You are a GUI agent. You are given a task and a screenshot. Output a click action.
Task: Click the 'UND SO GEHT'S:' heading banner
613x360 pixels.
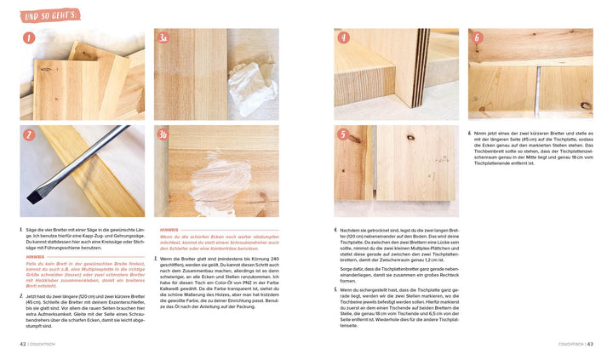tap(50, 14)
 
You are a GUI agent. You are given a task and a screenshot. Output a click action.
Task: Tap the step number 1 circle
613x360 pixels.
tap(29, 38)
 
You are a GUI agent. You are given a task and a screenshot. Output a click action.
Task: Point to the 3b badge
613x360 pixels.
tap(163, 134)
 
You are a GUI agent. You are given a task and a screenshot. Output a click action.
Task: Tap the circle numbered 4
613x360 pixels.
tap(343, 38)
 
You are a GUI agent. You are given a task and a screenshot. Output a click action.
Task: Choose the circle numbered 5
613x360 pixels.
tap(343, 134)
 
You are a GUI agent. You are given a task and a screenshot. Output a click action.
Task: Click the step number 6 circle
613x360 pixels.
tap(477, 38)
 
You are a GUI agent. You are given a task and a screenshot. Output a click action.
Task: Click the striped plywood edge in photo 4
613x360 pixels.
tap(420, 68)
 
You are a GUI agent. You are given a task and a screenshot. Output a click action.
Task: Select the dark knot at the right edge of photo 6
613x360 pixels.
tap(587, 106)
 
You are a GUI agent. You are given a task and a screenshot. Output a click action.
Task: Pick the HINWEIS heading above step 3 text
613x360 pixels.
tap(169, 230)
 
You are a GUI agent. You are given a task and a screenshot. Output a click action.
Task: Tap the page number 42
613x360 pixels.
tap(23, 344)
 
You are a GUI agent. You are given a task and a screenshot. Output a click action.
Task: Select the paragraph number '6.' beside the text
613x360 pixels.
tap(470, 134)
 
